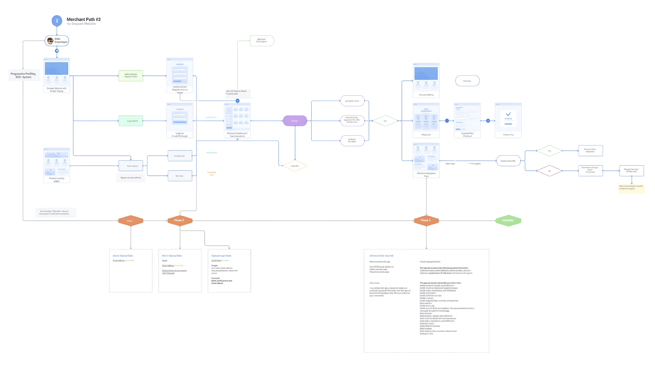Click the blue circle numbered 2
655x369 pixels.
pos(57,21)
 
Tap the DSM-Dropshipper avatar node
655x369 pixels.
pos(57,41)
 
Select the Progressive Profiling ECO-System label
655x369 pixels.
pos(23,75)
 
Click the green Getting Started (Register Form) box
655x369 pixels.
pos(131,76)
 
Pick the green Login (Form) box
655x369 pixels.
pos(131,121)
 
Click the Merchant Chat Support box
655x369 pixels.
pos(262,41)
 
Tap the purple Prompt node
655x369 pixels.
pos(295,121)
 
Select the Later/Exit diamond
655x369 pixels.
pos(295,166)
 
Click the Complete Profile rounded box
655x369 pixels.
pos(352,101)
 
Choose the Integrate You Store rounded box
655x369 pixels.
pos(352,140)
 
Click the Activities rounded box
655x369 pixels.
pos(467,81)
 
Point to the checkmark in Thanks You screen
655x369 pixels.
pos(508,114)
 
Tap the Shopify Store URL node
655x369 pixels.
pos(508,161)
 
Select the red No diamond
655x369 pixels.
pos(549,170)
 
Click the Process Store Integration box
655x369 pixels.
pos(590,150)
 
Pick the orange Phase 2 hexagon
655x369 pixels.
pos(180,220)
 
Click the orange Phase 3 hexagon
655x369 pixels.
pos(426,220)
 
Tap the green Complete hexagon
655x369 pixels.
pos(508,220)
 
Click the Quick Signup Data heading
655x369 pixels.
pos(123,256)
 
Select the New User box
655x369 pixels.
pos(180,176)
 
